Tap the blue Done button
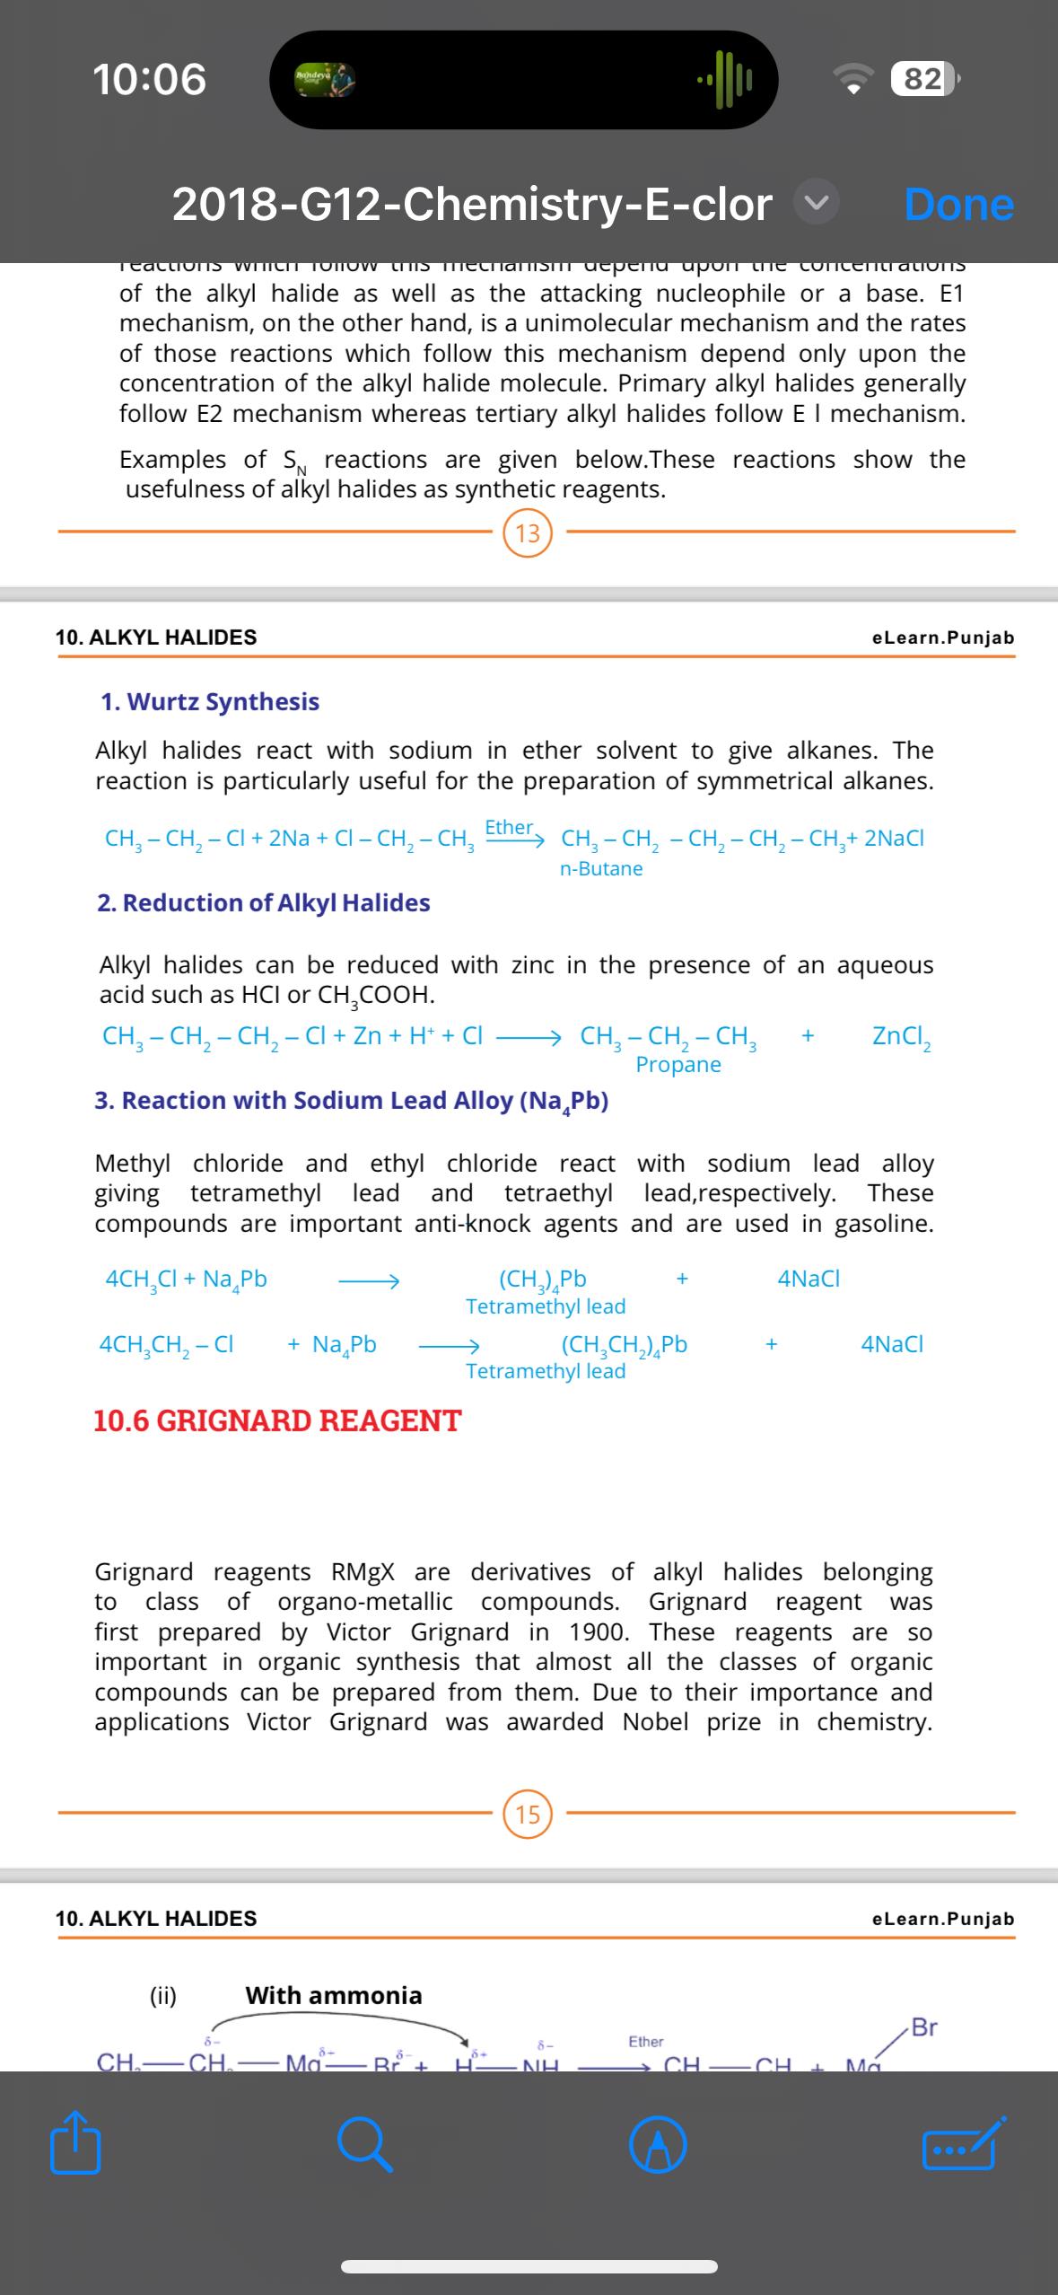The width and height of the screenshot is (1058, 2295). pyautogui.click(x=958, y=205)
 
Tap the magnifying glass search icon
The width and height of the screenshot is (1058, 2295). pyautogui.click(x=365, y=2146)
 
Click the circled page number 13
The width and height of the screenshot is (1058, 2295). pyautogui.click(x=528, y=533)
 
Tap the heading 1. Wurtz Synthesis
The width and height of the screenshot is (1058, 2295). pyautogui.click(x=210, y=702)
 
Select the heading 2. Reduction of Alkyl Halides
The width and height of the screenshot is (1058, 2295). pyautogui.click(x=263, y=903)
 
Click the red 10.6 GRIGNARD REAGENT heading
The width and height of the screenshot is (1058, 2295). pyautogui.click(x=277, y=1420)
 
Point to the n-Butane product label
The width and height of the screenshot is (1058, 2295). pyautogui.click(x=601, y=869)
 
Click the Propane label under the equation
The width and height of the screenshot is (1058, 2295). pyautogui.click(x=678, y=1065)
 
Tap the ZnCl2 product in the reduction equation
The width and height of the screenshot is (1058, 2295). pyautogui.click(x=902, y=1037)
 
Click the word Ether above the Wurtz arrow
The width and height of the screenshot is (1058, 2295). pyautogui.click(x=509, y=827)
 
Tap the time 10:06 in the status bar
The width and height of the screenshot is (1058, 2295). pyautogui.click(x=150, y=79)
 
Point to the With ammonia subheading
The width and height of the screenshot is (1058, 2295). pyautogui.click(x=334, y=1995)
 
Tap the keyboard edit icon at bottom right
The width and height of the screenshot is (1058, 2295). pyautogui.click(x=958, y=2146)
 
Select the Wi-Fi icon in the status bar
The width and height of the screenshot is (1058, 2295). pyautogui.click(x=857, y=80)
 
